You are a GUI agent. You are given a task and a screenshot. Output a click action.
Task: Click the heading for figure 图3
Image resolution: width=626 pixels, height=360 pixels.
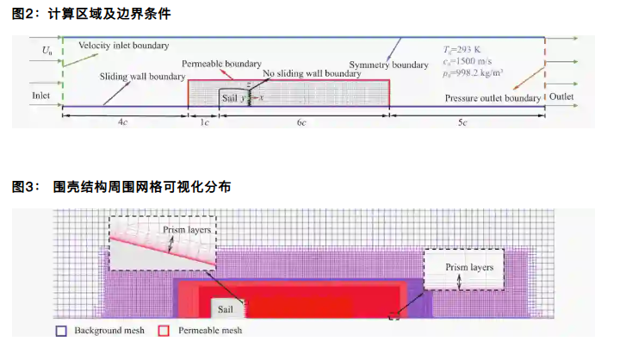pos(121,186)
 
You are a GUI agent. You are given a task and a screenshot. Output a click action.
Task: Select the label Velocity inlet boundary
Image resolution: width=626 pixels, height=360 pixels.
pos(123,45)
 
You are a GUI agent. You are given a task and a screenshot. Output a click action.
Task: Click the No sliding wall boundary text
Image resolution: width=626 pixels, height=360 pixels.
pos(313,74)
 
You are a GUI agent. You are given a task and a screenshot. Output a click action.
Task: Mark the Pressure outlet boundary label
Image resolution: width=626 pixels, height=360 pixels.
pos(493,98)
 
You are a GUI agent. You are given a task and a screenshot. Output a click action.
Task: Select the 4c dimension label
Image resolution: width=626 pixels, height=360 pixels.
pos(124,123)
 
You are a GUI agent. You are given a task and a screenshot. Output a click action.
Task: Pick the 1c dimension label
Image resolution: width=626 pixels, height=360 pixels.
pos(204,123)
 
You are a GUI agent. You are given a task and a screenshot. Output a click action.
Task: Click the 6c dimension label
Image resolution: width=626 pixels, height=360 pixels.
pos(301,123)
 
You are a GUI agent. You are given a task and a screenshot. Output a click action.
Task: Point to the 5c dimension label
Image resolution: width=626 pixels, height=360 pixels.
pos(463,123)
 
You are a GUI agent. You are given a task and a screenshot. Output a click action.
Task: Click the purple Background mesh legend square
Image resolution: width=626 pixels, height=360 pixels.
pos(60,330)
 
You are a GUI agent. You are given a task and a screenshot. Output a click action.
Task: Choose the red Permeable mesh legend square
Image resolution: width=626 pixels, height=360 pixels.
pos(164,330)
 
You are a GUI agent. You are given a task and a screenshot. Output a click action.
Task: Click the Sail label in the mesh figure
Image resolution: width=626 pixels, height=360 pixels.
pos(226,306)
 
